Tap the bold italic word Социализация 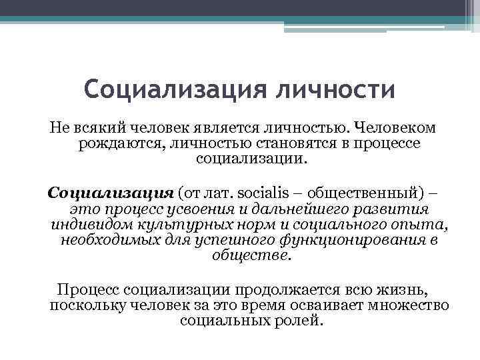click(111, 193)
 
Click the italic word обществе click(251, 256)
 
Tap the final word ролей click(303, 321)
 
